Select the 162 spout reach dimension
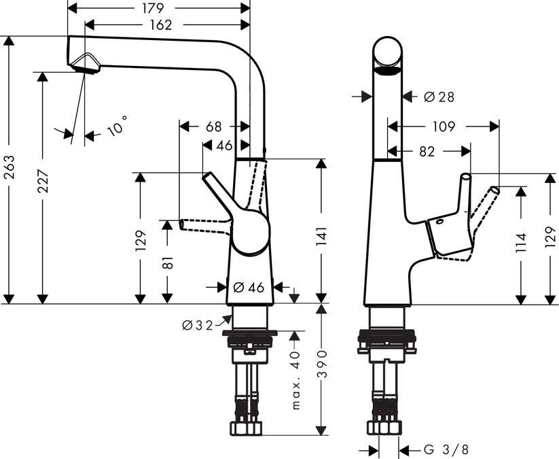(x=158, y=25)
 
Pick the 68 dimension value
(x=213, y=126)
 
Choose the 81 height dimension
(x=166, y=262)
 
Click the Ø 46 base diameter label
(x=249, y=288)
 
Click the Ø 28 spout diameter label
(x=439, y=97)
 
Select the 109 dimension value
(x=442, y=126)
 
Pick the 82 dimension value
(x=427, y=152)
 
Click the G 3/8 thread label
(x=446, y=449)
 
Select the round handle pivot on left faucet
(x=249, y=232)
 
